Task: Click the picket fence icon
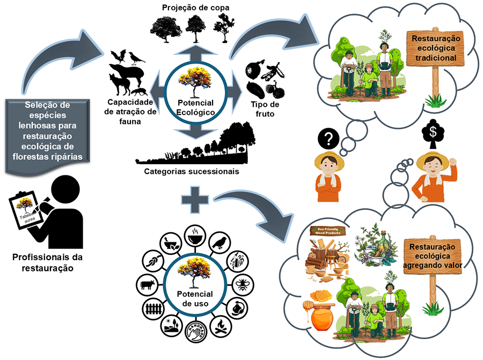click(152, 308)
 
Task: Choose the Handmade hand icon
click(193, 334)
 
